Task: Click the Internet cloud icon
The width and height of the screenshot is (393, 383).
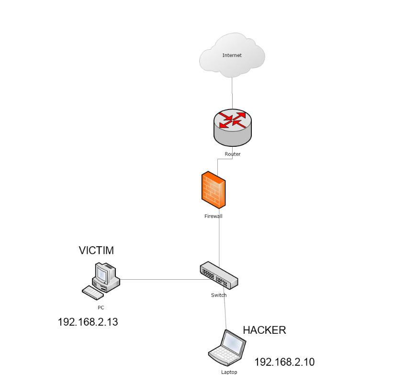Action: (x=232, y=55)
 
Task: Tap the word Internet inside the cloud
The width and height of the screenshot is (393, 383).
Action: (x=232, y=55)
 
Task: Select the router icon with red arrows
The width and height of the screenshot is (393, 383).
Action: (x=233, y=127)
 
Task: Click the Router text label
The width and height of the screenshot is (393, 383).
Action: (x=233, y=154)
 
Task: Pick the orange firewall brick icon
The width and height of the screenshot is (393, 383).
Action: (x=213, y=190)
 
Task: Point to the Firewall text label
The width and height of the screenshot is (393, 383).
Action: (x=213, y=216)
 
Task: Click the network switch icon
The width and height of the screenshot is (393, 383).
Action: (x=219, y=275)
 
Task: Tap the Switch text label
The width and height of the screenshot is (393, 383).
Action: (x=219, y=295)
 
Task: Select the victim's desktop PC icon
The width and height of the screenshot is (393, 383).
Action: (x=101, y=281)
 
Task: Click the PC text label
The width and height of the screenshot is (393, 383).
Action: (x=101, y=307)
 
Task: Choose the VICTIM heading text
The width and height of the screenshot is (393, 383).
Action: (x=96, y=251)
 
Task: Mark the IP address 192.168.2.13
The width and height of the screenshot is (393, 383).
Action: (x=88, y=322)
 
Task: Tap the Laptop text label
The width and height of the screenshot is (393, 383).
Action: (x=229, y=372)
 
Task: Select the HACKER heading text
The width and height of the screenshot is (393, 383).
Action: (x=264, y=330)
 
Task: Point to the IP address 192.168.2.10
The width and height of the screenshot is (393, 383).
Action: (x=284, y=362)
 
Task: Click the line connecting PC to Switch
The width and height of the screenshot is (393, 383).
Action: (x=166, y=279)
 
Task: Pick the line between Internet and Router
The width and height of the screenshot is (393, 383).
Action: (x=232, y=93)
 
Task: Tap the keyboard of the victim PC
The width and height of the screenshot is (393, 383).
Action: (x=93, y=293)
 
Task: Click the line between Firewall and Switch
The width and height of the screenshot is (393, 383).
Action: (x=219, y=238)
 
